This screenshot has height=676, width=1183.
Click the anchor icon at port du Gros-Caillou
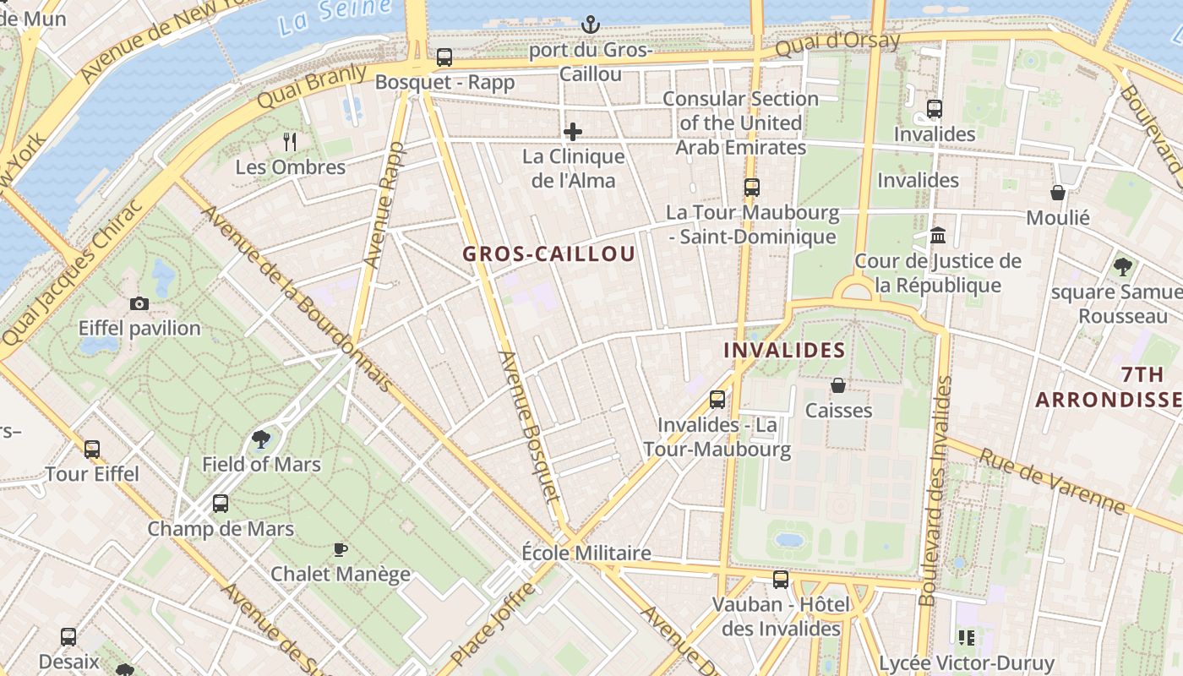[x=591, y=25]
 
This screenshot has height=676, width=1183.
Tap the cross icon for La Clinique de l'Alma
[x=573, y=132]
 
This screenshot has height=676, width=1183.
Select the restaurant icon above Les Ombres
[x=290, y=141]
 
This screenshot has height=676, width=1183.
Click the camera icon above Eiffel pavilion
[x=139, y=303]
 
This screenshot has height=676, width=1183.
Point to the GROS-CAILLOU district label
[x=548, y=253]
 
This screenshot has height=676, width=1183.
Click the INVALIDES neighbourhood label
[x=784, y=350]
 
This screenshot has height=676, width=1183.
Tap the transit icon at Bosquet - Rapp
[x=444, y=57]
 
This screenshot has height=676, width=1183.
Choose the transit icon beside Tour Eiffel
[x=92, y=449]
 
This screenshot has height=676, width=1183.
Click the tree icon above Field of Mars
[x=261, y=439]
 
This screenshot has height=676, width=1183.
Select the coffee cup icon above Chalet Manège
[x=340, y=549]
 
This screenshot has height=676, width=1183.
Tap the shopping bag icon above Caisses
[x=838, y=385]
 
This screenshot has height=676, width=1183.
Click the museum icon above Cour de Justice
[x=937, y=235]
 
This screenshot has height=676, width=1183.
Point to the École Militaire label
[x=586, y=553]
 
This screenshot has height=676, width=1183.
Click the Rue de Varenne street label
[x=1051, y=481]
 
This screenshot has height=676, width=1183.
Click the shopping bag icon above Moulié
[x=1057, y=193]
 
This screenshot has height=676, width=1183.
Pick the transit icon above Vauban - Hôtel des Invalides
[x=781, y=580]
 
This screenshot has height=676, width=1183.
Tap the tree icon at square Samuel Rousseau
[x=1122, y=267]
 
